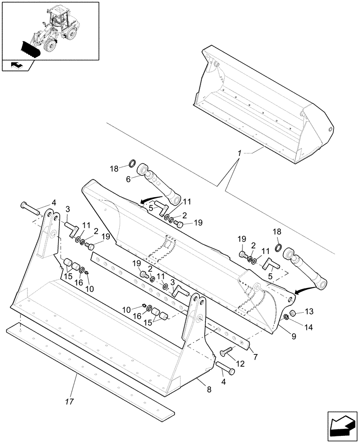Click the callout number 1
(x=239, y=153)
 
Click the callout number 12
(x=241, y=364)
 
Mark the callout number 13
(x=308, y=312)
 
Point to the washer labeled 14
(x=287, y=316)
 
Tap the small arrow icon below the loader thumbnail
(x=16, y=66)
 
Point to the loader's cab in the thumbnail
(x=60, y=17)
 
